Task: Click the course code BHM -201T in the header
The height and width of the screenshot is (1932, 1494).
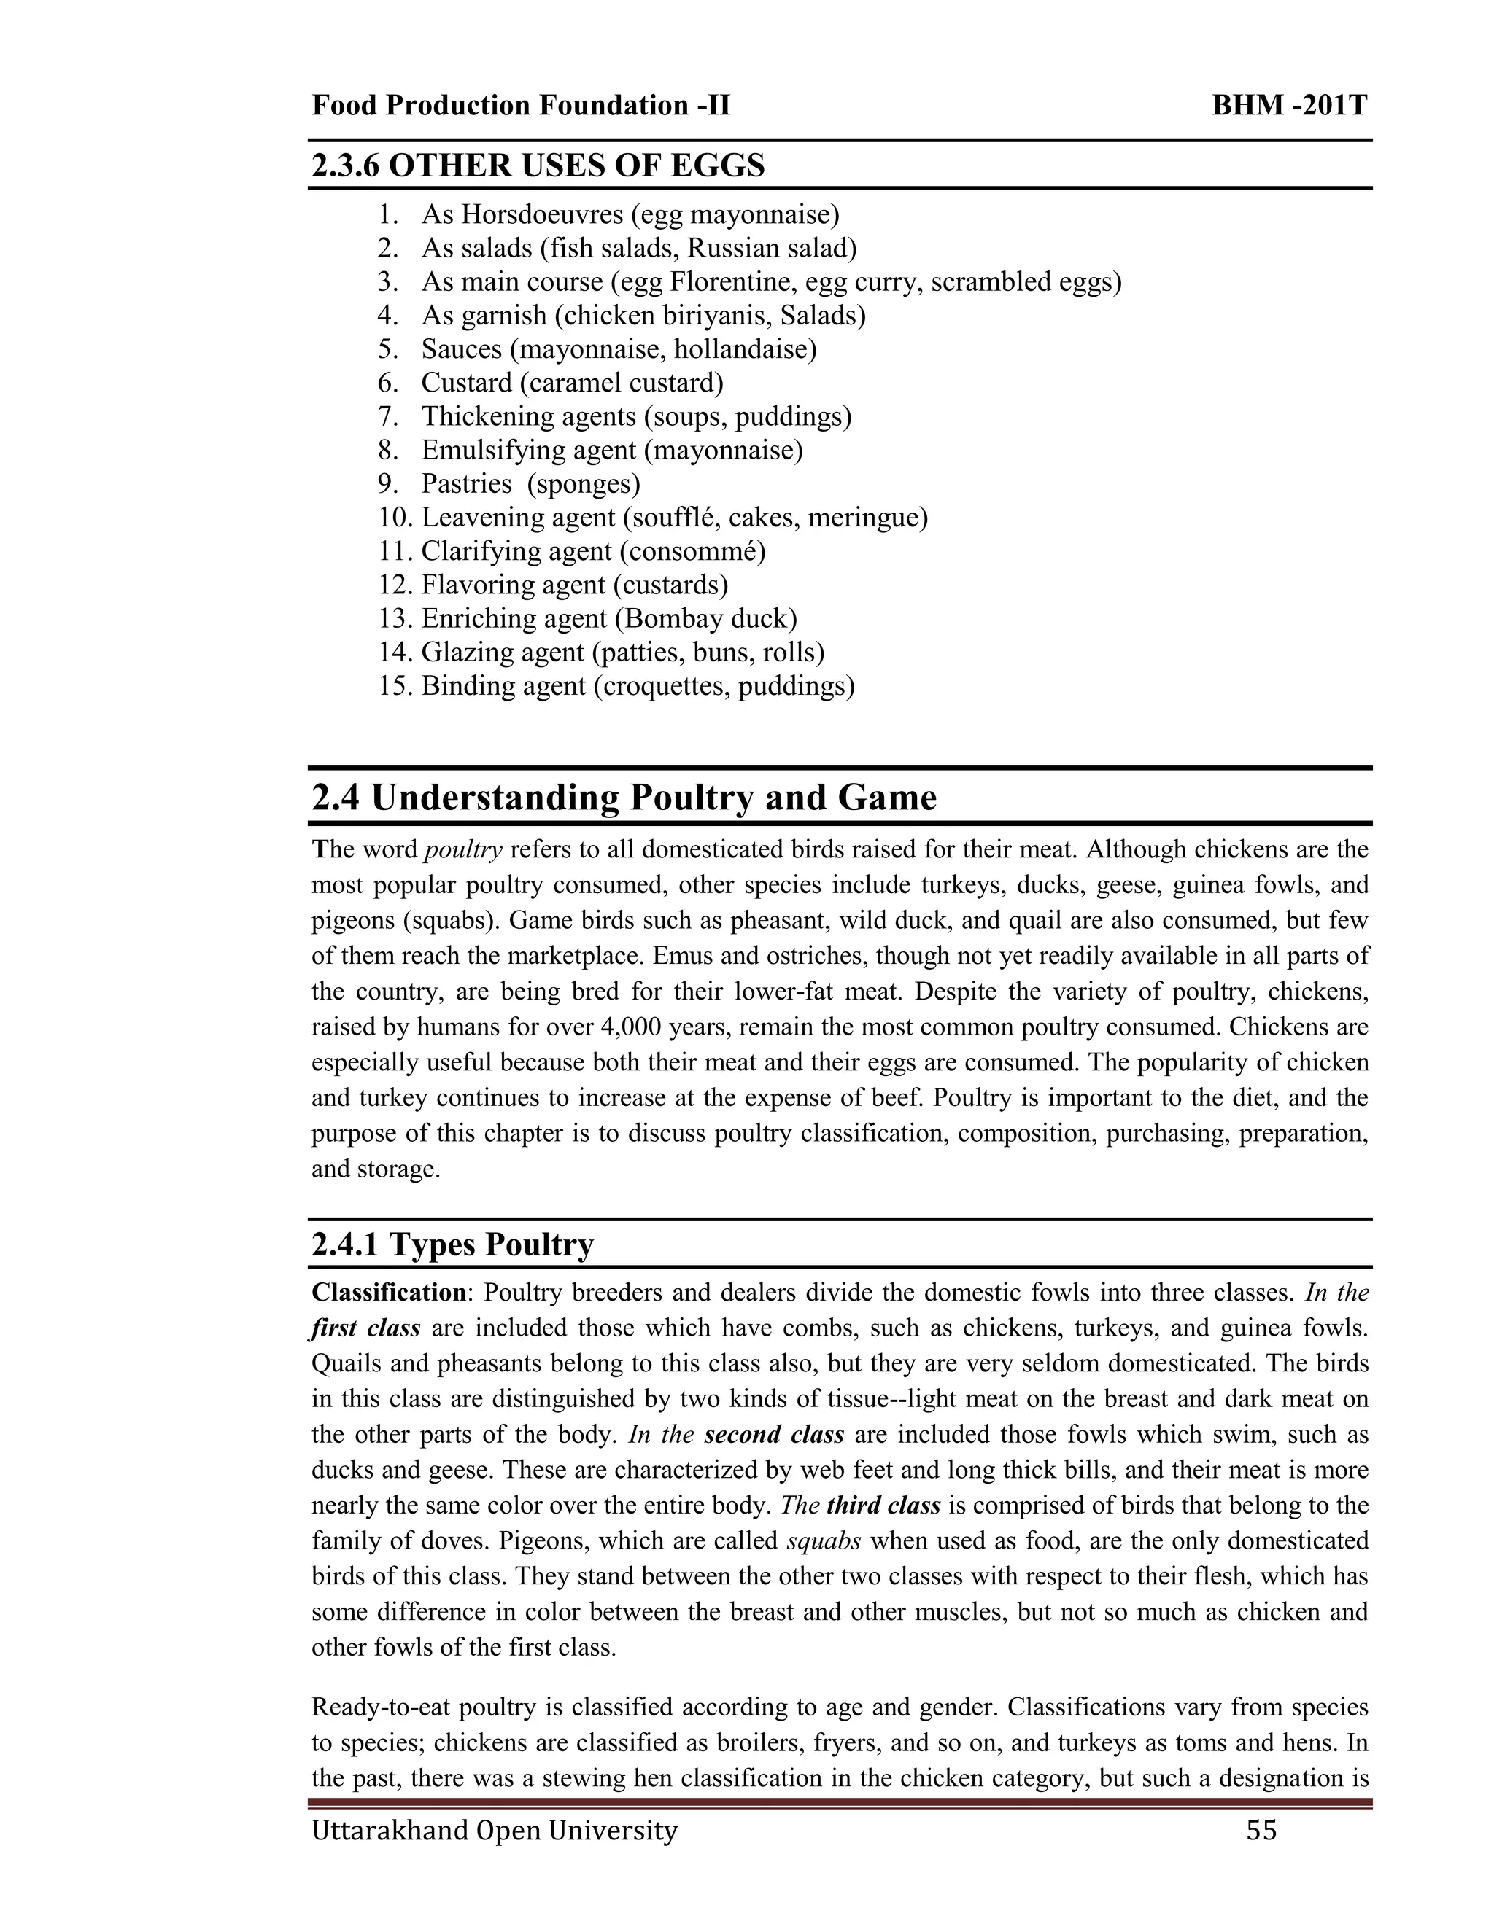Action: click(x=1289, y=106)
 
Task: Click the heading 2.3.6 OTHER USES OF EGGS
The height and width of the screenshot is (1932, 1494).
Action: click(x=538, y=165)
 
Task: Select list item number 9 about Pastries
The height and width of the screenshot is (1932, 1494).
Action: click(x=530, y=484)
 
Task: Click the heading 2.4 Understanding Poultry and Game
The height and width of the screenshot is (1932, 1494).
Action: click(x=623, y=798)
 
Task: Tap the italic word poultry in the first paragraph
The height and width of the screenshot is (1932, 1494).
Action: click(x=463, y=850)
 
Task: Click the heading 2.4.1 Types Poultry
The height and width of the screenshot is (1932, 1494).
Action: click(x=452, y=1244)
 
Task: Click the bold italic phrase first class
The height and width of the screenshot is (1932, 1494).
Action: click(x=365, y=1328)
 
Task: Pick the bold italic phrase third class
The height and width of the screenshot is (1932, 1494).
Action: click(x=883, y=1505)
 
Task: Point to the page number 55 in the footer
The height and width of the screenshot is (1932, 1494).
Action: click(x=1261, y=1829)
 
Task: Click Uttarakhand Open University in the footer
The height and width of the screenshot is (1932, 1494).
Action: click(x=494, y=1829)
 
